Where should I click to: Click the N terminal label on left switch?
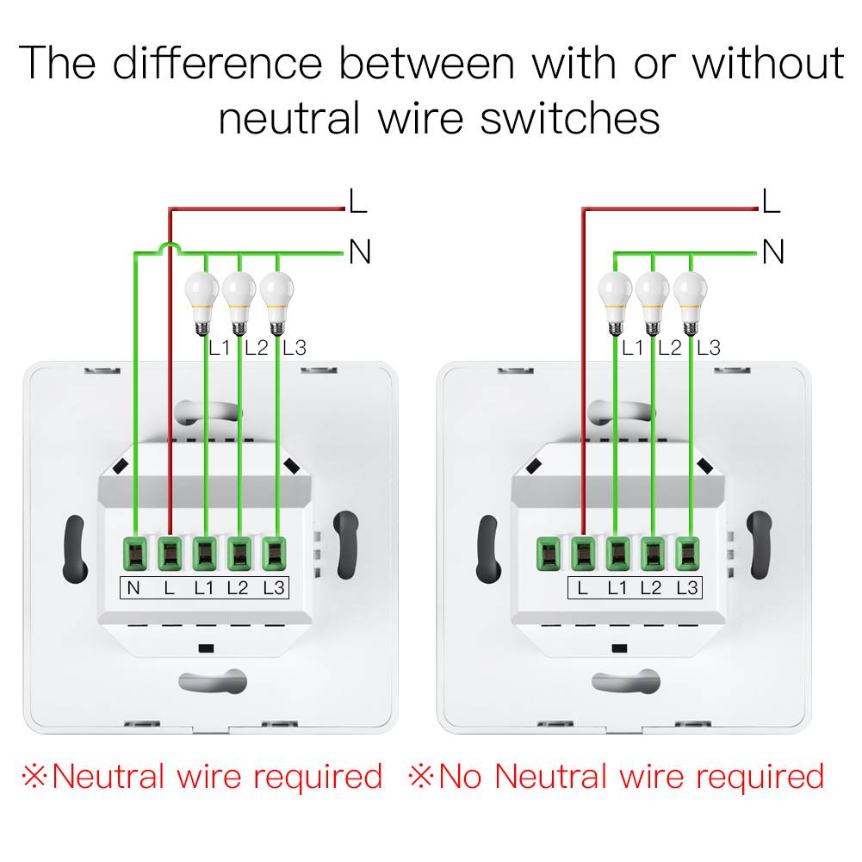[133, 589]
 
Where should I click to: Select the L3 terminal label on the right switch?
[687, 589]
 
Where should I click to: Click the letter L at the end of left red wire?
[357, 202]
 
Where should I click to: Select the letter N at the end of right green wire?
[772, 253]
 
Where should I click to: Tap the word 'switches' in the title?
[570, 118]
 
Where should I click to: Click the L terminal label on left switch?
[169, 589]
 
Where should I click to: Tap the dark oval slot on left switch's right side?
[345, 545]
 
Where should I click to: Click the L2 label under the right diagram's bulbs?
[669, 348]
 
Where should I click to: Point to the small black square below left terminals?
[204, 648]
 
